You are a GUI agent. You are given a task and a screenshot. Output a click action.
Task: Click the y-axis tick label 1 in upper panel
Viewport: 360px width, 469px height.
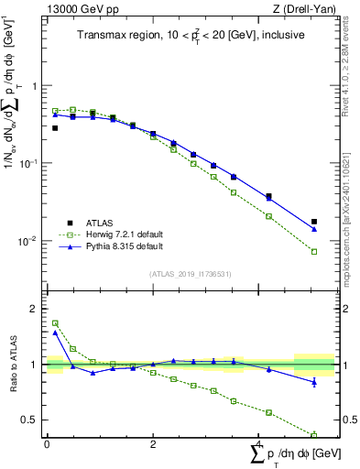tap(34, 86)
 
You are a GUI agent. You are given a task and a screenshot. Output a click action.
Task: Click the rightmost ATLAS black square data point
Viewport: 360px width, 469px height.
tap(314, 222)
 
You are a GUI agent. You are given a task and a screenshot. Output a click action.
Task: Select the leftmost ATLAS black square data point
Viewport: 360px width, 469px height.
tap(55, 128)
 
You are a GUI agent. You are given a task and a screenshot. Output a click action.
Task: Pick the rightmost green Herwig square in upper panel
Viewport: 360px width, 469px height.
tap(314, 252)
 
